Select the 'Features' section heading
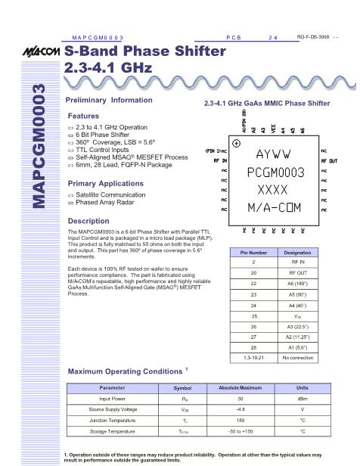click(x=83, y=116)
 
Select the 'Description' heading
click(x=88, y=221)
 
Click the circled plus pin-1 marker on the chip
click(x=237, y=143)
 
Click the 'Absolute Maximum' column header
click(x=239, y=387)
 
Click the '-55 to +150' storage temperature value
click(x=239, y=430)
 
